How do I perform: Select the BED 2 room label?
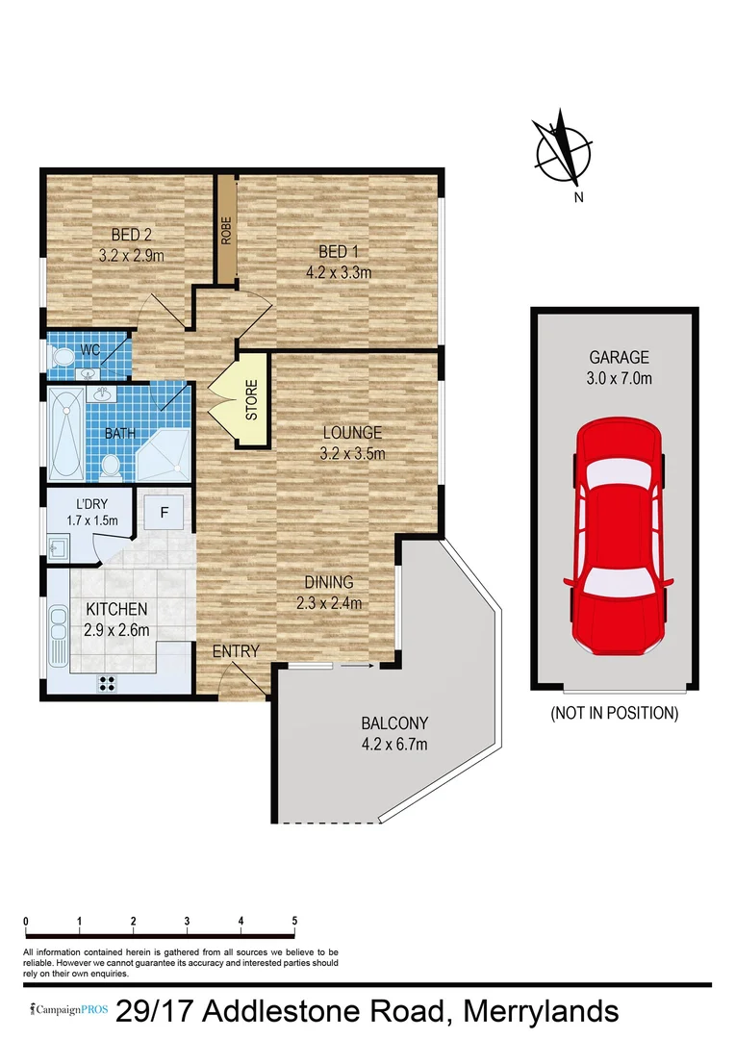tap(132, 234)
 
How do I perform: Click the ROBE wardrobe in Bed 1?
tap(226, 230)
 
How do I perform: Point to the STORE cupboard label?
tap(252, 402)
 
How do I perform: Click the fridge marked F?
tap(165, 512)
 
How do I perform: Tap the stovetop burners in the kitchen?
tap(107, 684)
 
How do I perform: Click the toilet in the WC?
tap(65, 357)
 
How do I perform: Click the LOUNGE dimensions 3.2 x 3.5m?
tap(352, 453)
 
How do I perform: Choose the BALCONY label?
tap(394, 722)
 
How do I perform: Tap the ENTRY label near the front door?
tap(236, 651)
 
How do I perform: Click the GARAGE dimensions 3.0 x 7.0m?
tap(614, 378)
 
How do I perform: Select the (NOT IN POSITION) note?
tap(614, 714)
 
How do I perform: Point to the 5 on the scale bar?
tap(294, 921)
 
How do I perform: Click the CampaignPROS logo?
tap(66, 1011)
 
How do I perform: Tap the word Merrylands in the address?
tap(541, 1012)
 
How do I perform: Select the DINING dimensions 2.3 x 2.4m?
tap(329, 603)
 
